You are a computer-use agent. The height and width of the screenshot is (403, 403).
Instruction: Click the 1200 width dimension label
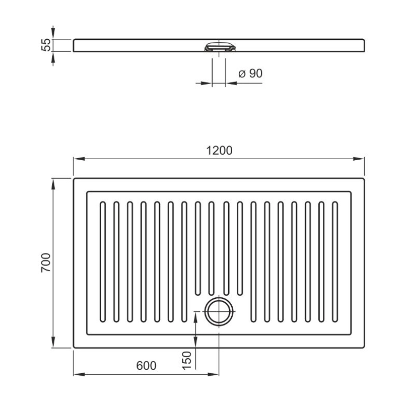pyautogui.click(x=219, y=151)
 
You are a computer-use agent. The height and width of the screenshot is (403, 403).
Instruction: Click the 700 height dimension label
pyautogui.click(x=46, y=262)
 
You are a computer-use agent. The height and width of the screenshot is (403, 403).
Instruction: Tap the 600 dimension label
pyautogui.click(x=146, y=366)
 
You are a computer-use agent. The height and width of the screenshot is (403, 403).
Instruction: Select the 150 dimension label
pyautogui.click(x=187, y=361)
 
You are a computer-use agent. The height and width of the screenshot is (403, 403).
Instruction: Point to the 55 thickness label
pyautogui.click(x=46, y=45)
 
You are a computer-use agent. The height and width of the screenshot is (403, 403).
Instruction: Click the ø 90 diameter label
pyautogui.click(x=250, y=74)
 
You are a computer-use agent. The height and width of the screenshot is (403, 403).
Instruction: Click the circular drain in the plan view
pyautogui.click(x=219, y=311)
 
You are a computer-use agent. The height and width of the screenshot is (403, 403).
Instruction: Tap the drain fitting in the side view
pyautogui.click(x=219, y=46)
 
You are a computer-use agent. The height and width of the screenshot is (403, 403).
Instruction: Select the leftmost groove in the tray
pyautogui.click(x=103, y=261)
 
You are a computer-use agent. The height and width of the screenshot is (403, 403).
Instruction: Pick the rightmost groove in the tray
pyautogui.click(x=335, y=261)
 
